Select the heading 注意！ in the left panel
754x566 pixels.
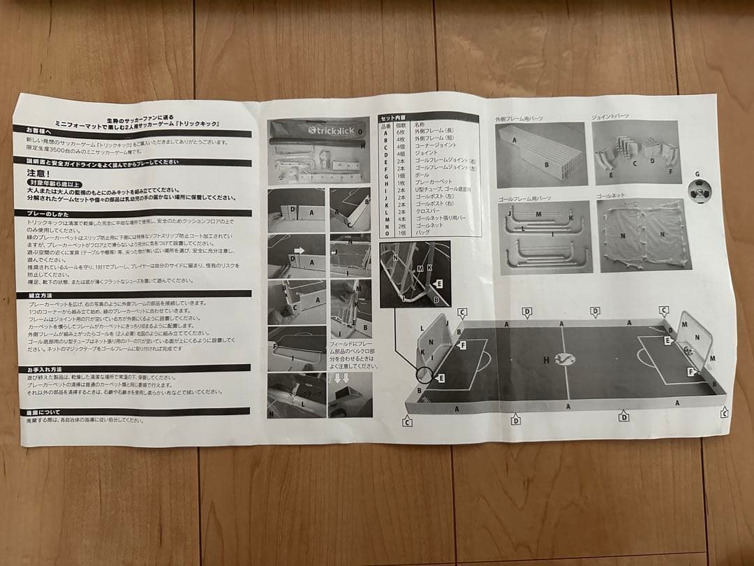click(x=40, y=173)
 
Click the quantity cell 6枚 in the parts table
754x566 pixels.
click(x=399, y=132)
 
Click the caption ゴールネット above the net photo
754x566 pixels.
click(x=612, y=198)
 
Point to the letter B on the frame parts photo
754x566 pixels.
click(x=547, y=165)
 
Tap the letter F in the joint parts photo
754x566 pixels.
click(x=669, y=171)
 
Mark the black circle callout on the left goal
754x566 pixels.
click(x=424, y=376)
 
